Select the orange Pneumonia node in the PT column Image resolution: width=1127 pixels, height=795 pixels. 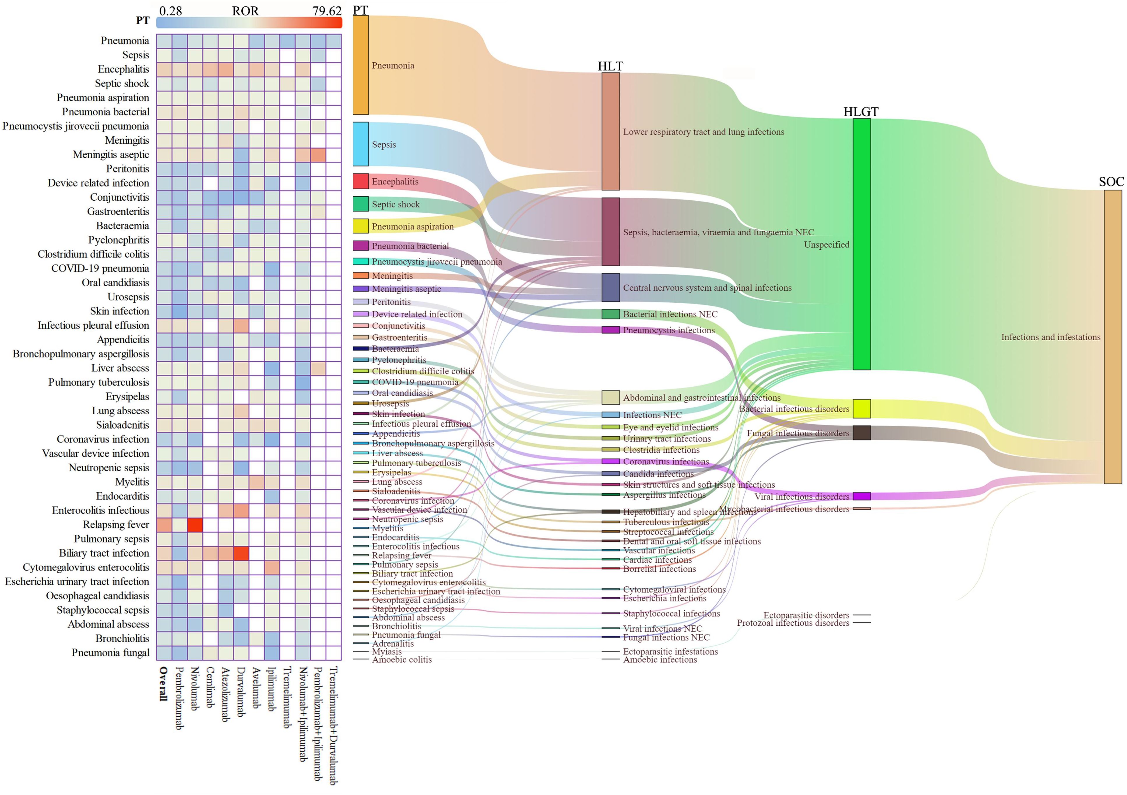click(x=361, y=65)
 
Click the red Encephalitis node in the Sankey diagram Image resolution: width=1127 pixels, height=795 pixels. click(x=361, y=181)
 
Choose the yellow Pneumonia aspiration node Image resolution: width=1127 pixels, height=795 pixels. click(x=361, y=226)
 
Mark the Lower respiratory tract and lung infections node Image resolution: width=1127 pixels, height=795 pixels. click(x=611, y=132)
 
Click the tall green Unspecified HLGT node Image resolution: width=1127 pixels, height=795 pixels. click(x=861, y=244)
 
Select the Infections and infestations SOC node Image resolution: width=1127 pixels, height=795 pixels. click(x=1113, y=337)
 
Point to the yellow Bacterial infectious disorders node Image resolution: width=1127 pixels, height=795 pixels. click(x=861, y=408)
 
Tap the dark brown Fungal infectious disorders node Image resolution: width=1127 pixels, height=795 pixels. click(x=861, y=433)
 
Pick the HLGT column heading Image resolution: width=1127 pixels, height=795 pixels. click(x=861, y=112)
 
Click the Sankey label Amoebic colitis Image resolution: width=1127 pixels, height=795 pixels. click(x=402, y=660)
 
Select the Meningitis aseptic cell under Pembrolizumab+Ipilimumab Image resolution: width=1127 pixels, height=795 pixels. click(x=318, y=155)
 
